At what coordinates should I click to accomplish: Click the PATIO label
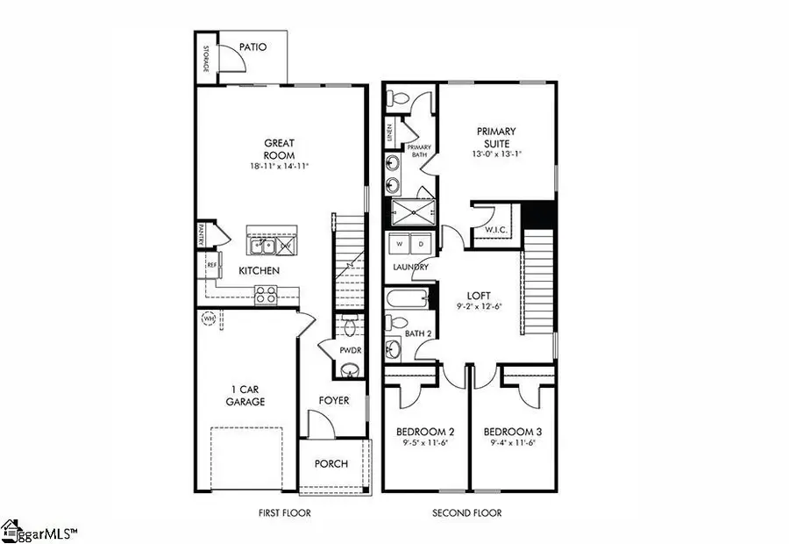click(251, 47)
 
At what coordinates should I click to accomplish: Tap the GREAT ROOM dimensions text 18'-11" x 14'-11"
click(280, 165)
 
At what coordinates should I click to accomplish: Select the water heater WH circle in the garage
click(210, 319)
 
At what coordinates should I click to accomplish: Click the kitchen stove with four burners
click(266, 295)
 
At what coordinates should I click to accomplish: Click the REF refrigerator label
click(211, 263)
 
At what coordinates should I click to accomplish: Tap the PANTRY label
click(200, 234)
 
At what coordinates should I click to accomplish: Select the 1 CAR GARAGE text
click(245, 396)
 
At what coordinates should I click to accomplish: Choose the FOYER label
click(333, 401)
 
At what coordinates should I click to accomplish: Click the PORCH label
click(331, 464)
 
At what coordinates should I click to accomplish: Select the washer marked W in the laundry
click(399, 243)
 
